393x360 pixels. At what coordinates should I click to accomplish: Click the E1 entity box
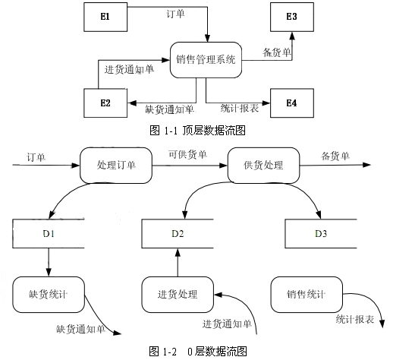click(x=105, y=17)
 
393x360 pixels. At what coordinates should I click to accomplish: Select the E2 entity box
click(x=105, y=103)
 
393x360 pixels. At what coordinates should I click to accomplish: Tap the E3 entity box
click(x=292, y=17)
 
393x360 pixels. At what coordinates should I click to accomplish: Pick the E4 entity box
click(x=292, y=103)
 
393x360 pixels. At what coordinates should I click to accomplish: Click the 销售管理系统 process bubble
click(x=206, y=60)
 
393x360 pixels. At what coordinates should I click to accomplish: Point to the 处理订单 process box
click(x=116, y=166)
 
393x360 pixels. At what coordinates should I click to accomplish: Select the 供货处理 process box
click(x=263, y=166)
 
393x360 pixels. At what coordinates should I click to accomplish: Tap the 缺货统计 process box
click(x=49, y=295)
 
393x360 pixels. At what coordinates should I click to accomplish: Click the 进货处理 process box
click(x=178, y=295)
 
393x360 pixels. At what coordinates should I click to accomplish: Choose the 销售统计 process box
click(x=307, y=295)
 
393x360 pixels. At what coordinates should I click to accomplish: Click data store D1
click(x=49, y=233)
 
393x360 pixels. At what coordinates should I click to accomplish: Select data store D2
click(x=178, y=233)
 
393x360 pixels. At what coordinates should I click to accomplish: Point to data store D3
click(x=321, y=233)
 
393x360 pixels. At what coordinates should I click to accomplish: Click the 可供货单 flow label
click(x=187, y=154)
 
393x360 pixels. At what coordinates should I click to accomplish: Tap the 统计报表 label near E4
click(x=240, y=109)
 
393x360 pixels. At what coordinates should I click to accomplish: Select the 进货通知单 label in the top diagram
click(x=129, y=69)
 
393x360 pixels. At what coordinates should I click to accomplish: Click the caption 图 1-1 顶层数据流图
click(x=197, y=131)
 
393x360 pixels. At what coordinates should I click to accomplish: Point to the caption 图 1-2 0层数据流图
click(x=198, y=352)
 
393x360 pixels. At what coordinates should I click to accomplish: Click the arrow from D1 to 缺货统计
click(x=49, y=262)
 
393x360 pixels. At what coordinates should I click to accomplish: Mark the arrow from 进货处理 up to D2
click(x=178, y=262)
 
